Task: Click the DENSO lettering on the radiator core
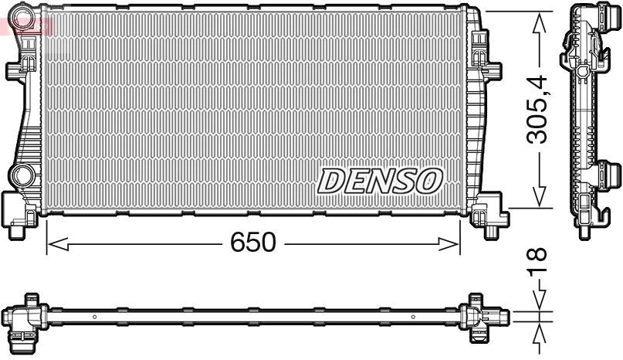tap(380, 181)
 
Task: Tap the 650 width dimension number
tap(252, 243)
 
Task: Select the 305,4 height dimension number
tap(538, 109)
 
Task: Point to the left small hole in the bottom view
tap(93, 316)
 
